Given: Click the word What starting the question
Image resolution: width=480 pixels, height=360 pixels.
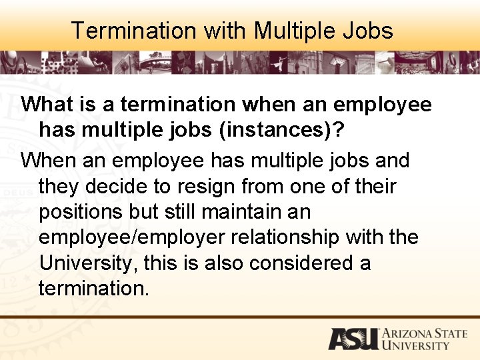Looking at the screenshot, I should (x=48, y=105).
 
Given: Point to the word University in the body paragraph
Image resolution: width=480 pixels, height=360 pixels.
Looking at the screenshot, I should (x=87, y=263).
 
